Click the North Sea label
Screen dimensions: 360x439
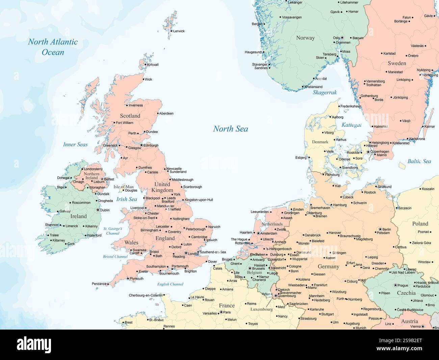230,129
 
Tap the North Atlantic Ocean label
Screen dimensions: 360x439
53,47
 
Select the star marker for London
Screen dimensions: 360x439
186,253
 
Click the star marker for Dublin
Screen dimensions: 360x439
98,210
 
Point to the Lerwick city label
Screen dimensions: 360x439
179,31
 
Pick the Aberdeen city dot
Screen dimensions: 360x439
158,113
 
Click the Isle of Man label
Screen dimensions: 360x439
123,187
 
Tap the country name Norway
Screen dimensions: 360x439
305,38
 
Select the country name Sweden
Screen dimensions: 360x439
397,63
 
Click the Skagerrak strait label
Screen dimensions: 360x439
325,92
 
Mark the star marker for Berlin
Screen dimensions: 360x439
380,229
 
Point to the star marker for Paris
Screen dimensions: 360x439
221,312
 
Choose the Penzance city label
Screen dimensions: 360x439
99,284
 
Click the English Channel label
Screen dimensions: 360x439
170,284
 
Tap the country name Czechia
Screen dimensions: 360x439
406,293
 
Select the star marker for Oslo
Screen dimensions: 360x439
342,38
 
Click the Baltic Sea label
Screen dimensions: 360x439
419,161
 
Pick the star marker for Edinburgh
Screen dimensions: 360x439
141,145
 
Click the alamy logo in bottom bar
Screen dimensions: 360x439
34,344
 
